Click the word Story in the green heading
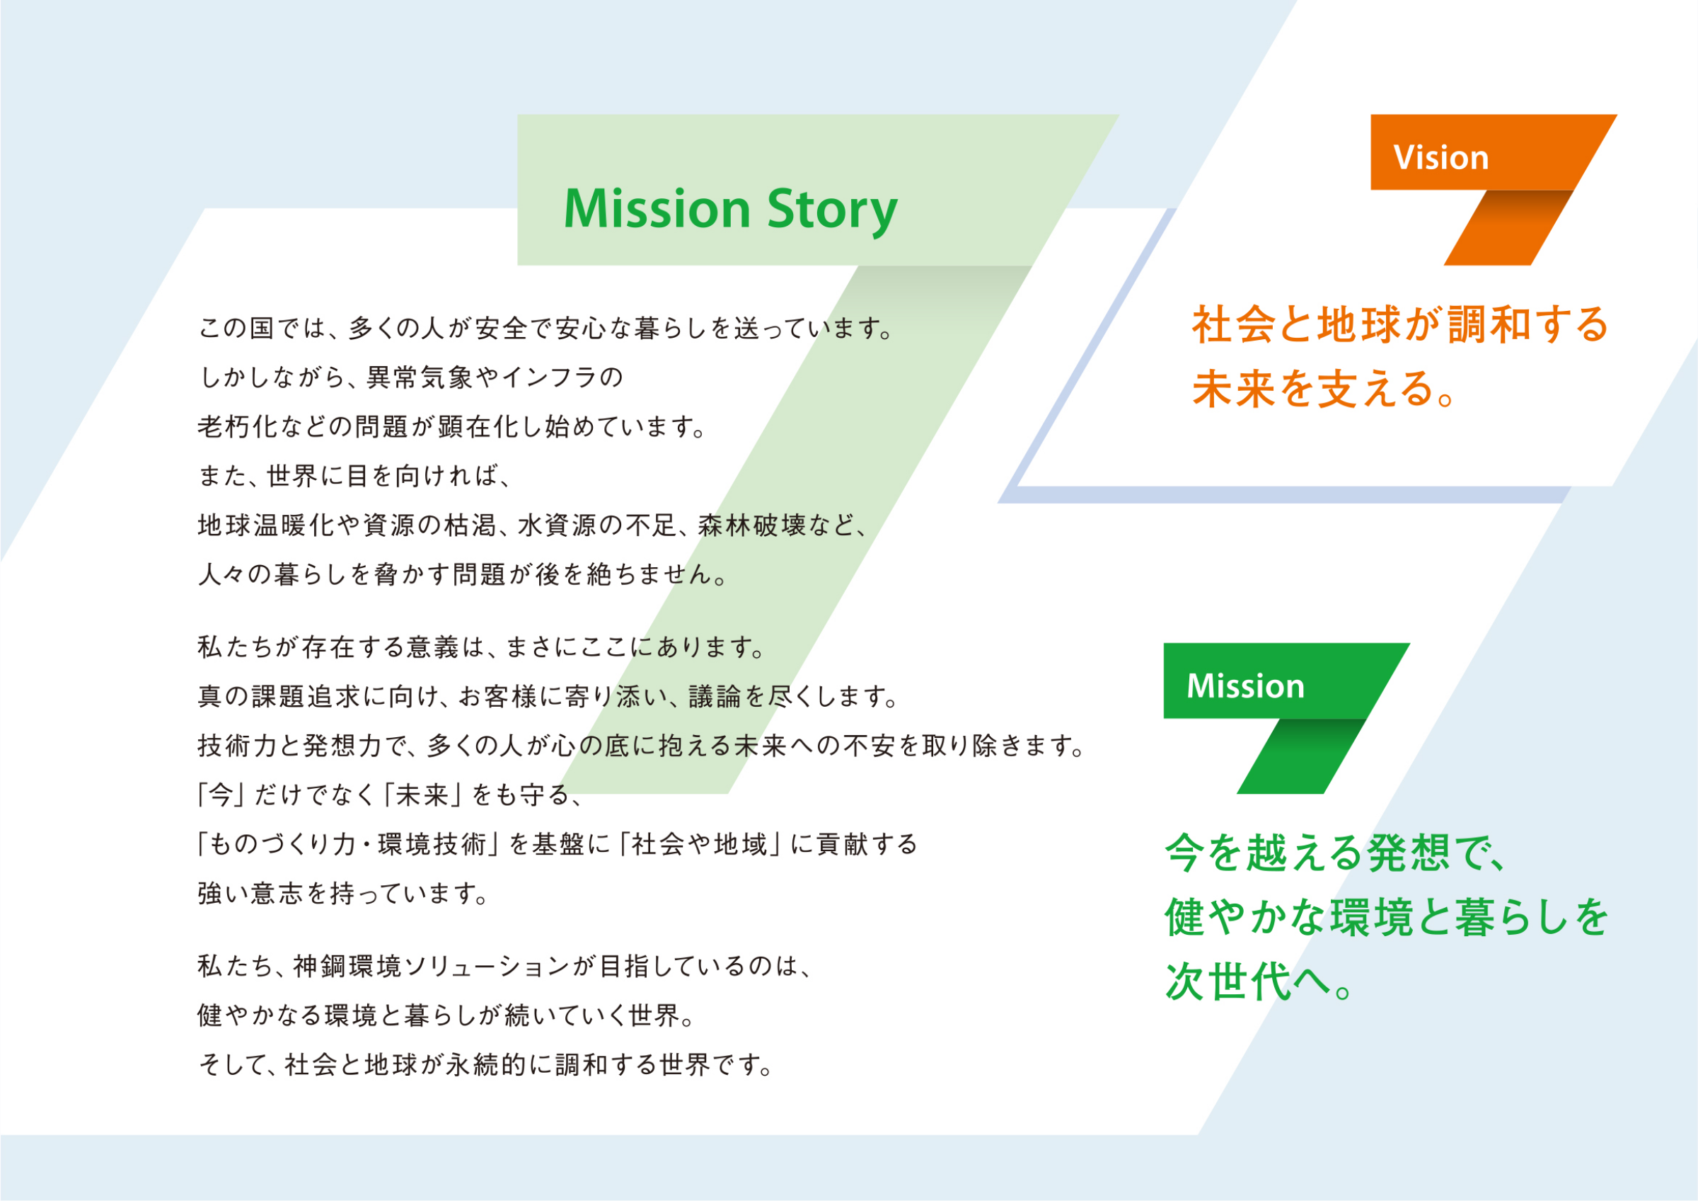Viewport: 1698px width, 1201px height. [x=832, y=210]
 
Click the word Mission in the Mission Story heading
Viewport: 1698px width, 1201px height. [x=657, y=210]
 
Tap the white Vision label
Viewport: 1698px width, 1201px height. [x=1440, y=158]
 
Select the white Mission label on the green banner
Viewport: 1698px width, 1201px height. [x=1245, y=686]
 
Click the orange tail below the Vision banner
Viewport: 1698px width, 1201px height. [x=1505, y=229]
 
